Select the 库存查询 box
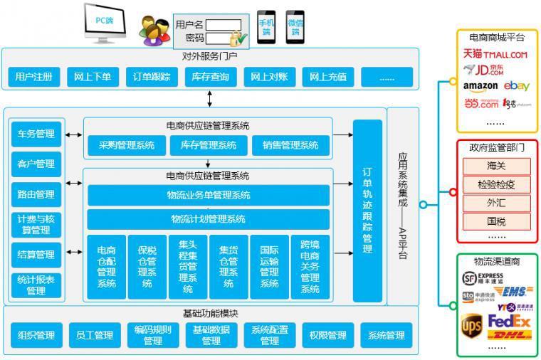(210, 77)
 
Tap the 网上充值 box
(328, 77)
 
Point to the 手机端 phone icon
(266, 27)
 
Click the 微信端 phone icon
(295, 27)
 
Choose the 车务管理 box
(36, 134)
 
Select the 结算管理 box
(36, 255)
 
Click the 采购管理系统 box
(127, 145)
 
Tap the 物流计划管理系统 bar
(208, 218)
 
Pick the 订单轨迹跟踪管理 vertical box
(367, 210)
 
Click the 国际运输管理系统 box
(269, 267)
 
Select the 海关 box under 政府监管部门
(496, 166)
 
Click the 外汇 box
(496, 203)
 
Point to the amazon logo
(480, 86)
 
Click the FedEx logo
(510, 322)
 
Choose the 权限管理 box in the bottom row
(327, 335)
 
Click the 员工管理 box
(94, 335)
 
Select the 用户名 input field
(224, 25)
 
